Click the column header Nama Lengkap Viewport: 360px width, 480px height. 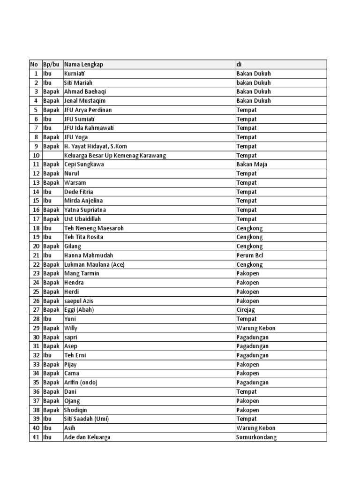click(x=84, y=65)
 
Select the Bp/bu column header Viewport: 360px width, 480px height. click(x=51, y=65)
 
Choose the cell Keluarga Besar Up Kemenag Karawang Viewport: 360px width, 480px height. click(x=115, y=155)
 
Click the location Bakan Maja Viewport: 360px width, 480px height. click(x=252, y=165)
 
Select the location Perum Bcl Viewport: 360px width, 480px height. click(x=250, y=255)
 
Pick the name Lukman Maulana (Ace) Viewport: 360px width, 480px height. click(x=94, y=264)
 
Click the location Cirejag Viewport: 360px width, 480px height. click(x=247, y=310)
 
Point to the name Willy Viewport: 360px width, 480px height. click(x=71, y=328)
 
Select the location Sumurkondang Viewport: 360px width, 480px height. click(x=256, y=437)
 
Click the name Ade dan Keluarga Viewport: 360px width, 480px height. click(x=88, y=437)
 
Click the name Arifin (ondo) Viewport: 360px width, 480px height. click(x=81, y=382)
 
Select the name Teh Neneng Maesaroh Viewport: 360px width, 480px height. click(x=94, y=228)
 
